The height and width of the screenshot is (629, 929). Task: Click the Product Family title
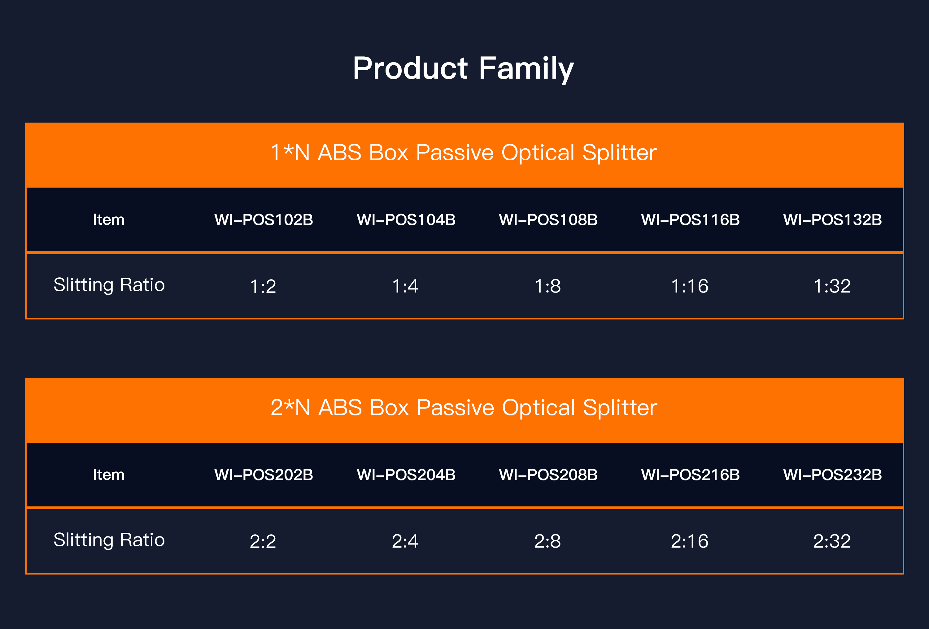pyautogui.click(x=463, y=69)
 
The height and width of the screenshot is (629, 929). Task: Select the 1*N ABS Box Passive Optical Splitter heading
pyautogui.click(x=464, y=153)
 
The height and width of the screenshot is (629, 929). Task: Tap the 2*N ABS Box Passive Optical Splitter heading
pyautogui.click(x=464, y=408)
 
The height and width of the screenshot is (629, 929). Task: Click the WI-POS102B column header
pyautogui.click(x=264, y=220)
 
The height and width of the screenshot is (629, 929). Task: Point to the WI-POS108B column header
pyautogui.click(x=548, y=220)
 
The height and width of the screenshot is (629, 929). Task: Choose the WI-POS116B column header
pyautogui.click(x=690, y=220)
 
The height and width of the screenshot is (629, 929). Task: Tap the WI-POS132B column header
pyautogui.click(x=833, y=220)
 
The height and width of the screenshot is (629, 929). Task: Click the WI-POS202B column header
pyautogui.click(x=264, y=475)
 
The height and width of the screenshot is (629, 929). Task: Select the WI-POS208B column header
pyautogui.click(x=548, y=475)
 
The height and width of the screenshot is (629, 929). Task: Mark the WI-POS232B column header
pyautogui.click(x=833, y=475)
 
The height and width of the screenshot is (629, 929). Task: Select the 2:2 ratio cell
pyautogui.click(x=263, y=541)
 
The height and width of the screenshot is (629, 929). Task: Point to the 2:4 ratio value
pyautogui.click(x=405, y=541)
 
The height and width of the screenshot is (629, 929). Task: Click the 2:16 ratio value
pyautogui.click(x=690, y=541)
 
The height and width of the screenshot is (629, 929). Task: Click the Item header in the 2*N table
pyautogui.click(x=109, y=475)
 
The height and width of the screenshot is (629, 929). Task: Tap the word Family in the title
pyautogui.click(x=526, y=69)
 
